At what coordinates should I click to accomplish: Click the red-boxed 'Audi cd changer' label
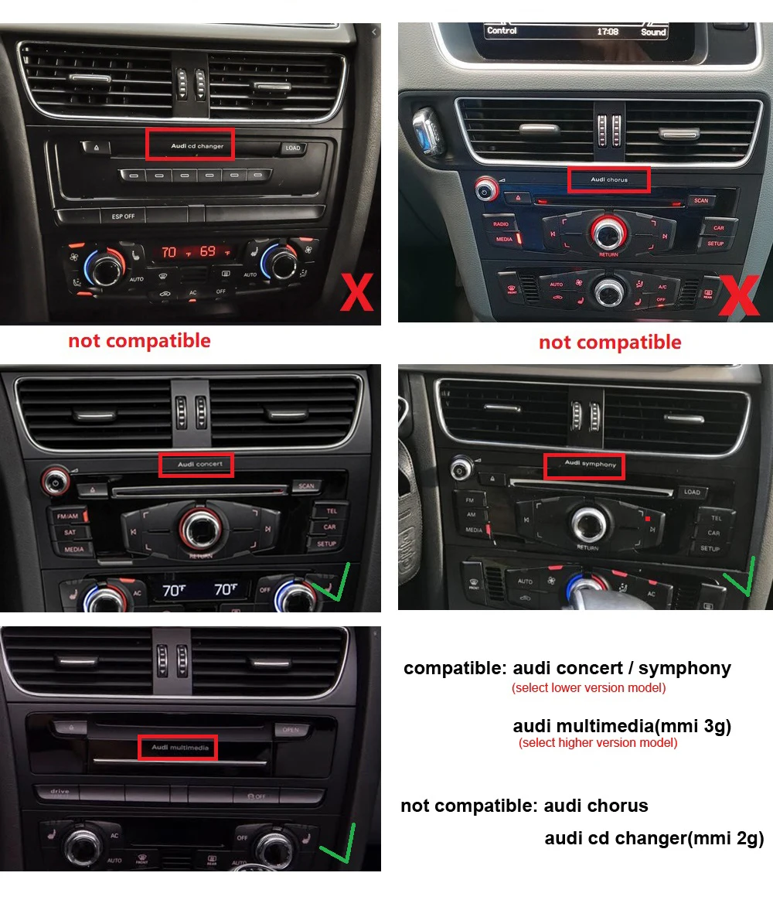click(189, 145)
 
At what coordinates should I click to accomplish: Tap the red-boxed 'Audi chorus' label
click(609, 179)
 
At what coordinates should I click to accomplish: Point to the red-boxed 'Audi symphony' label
click(584, 465)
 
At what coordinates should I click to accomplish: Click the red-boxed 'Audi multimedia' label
click(178, 748)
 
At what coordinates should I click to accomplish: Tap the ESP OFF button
click(123, 216)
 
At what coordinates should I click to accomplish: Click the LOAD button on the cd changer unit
click(292, 148)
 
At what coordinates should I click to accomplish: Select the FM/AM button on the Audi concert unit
click(66, 516)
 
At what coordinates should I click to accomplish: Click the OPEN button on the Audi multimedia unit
click(290, 730)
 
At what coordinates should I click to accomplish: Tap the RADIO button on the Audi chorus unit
click(501, 224)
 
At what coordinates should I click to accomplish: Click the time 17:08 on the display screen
click(608, 32)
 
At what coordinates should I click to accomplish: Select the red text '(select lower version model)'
click(588, 687)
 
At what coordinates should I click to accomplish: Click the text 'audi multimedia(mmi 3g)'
click(621, 726)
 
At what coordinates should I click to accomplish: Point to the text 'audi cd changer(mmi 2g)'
click(654, 838)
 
